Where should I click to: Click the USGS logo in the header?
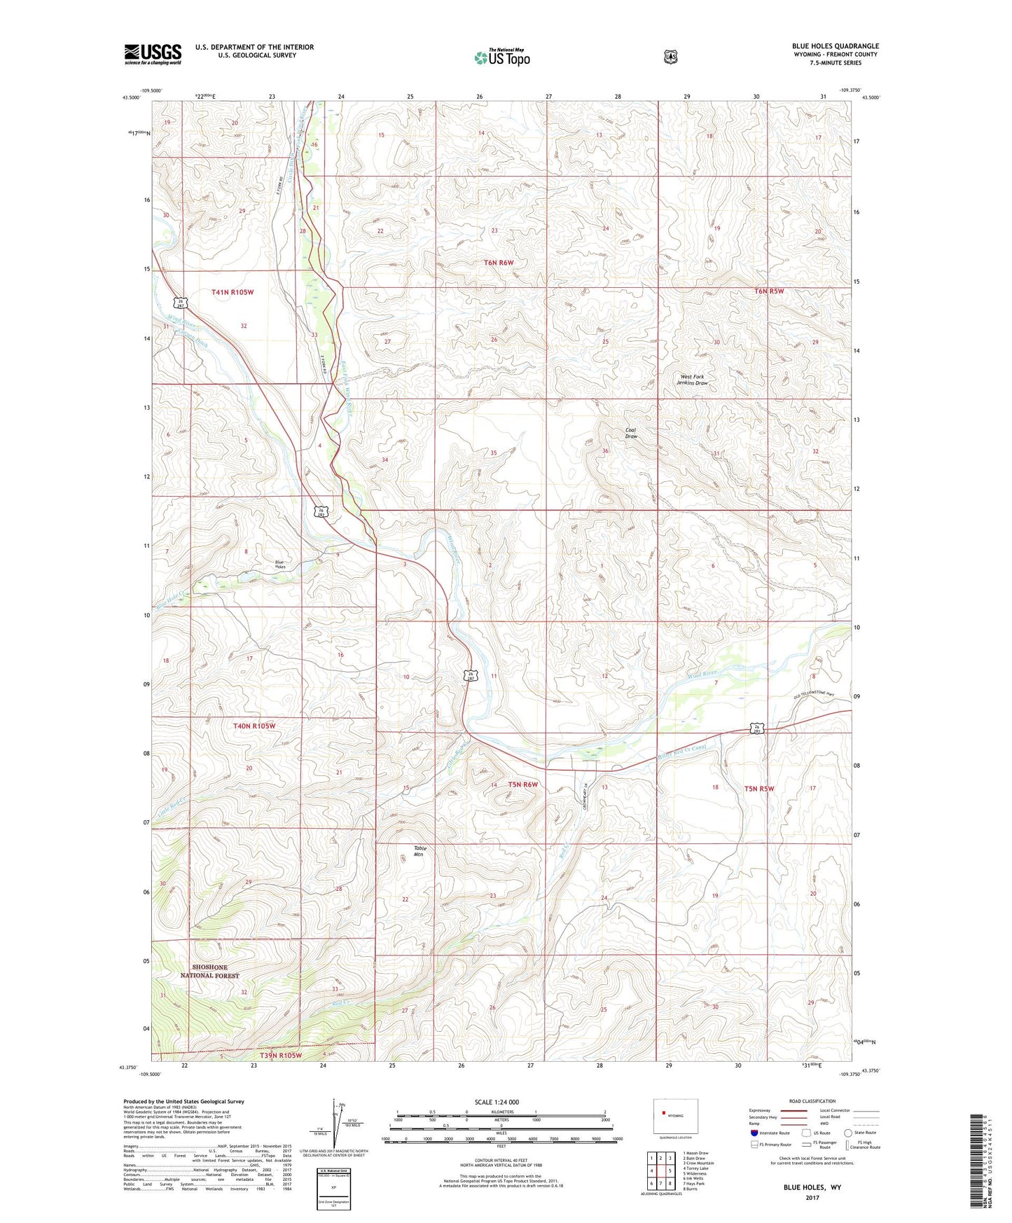click(153, 54)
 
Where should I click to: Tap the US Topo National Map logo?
click(501, 57)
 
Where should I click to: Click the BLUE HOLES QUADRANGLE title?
click(835, 46)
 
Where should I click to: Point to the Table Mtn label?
click(420, 851)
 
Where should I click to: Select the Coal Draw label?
click(631, 433)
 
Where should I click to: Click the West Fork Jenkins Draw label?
click(693, 380)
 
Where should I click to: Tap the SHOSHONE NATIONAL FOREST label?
click(209, 971)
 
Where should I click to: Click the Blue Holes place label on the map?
click(279, 565)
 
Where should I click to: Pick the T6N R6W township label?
click(499, 263)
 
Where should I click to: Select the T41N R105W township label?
click(232, 291)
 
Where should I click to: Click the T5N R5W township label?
click(758, 788)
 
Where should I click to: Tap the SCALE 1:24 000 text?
click(497, 1102)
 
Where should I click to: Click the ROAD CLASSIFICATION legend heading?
click(812, 1101)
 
